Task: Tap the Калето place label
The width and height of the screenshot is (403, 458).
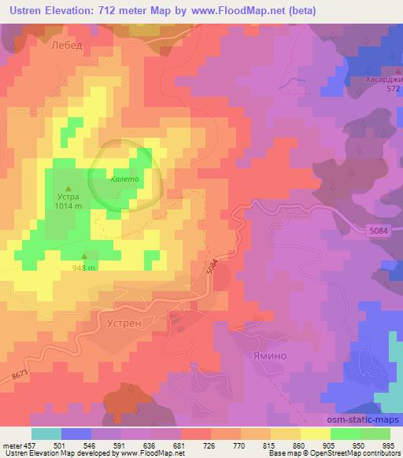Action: pyautogui.click(x=125, y=179)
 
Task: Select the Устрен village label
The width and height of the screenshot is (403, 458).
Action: pyautogui.click(x=122, y=322)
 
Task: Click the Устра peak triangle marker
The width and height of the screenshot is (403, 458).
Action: pyautogui.click(x=68, y=187)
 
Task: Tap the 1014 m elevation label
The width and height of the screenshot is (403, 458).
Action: pyautogui.click(x=68, y=205)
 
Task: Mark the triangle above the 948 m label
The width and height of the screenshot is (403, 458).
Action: pyautogui.click(x=85, y=255)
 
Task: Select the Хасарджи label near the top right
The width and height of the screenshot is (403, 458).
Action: pyautogui.click(x=382, y=79)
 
